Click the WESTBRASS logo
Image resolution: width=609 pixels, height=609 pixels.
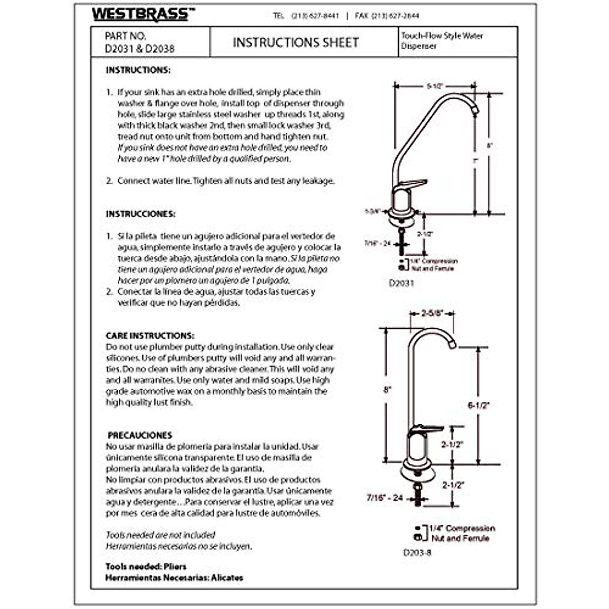click(x=140, y=14)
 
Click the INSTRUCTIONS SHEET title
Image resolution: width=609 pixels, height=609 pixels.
click(x=296, y=43)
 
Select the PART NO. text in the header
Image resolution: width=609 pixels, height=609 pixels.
click(x=125, y=36)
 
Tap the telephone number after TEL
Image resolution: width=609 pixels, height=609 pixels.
click(x=315, y=16)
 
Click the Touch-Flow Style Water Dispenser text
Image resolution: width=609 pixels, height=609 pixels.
click(x=442, y=41)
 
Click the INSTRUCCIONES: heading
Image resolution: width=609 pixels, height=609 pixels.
click(x=141, y=214)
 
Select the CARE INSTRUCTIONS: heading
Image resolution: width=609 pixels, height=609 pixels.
click(x=150, y=336)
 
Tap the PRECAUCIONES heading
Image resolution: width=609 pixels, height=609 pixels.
click(x=140, y=435)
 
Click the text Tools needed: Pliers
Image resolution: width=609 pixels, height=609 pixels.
click(x=146, y=566)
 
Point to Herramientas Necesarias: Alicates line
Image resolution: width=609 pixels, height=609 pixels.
click(x=174, y=578)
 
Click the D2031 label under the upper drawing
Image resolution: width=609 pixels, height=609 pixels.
click(x=401, y=283)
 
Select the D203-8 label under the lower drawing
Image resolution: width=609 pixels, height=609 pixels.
click(x=417, y=553)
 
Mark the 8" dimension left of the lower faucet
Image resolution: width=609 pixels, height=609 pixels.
click(x=388, y=390)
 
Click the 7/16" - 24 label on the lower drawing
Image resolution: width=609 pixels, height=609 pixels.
click(x=384, y=498)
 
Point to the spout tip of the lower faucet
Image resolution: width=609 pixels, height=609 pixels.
click(x=452, y=345)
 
